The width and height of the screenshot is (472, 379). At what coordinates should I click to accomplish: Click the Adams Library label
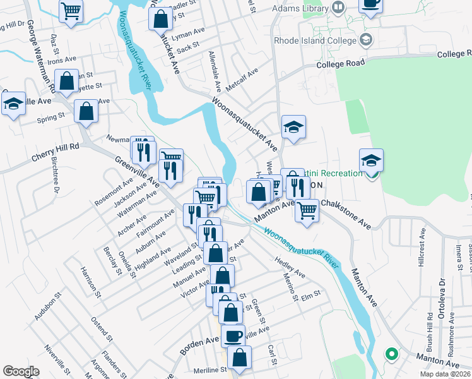[x=300, y=9]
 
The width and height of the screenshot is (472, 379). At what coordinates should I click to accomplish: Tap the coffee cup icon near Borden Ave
[x=233, y=335]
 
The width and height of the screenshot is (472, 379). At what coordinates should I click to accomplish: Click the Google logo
[x=21, y=371]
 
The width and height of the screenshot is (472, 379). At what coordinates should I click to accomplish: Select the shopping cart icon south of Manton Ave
[x=307, y=210]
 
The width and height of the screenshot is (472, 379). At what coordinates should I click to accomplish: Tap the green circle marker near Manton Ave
[x=391, y=354]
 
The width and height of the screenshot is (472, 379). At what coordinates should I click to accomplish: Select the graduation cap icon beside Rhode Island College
[x=365, y=41]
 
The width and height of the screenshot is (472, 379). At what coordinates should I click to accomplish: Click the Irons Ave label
[x=61, y=60]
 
